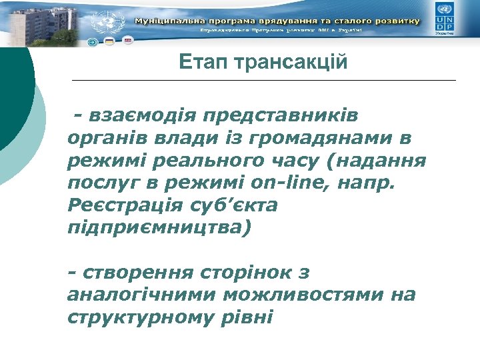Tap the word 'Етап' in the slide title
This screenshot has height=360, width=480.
[x=200, y=63]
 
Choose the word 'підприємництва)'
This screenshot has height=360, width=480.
[x=160, y=229]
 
